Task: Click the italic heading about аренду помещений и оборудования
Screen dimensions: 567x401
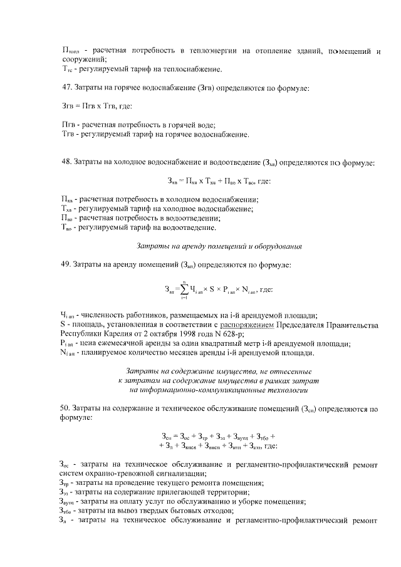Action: [x=219, y=246]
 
